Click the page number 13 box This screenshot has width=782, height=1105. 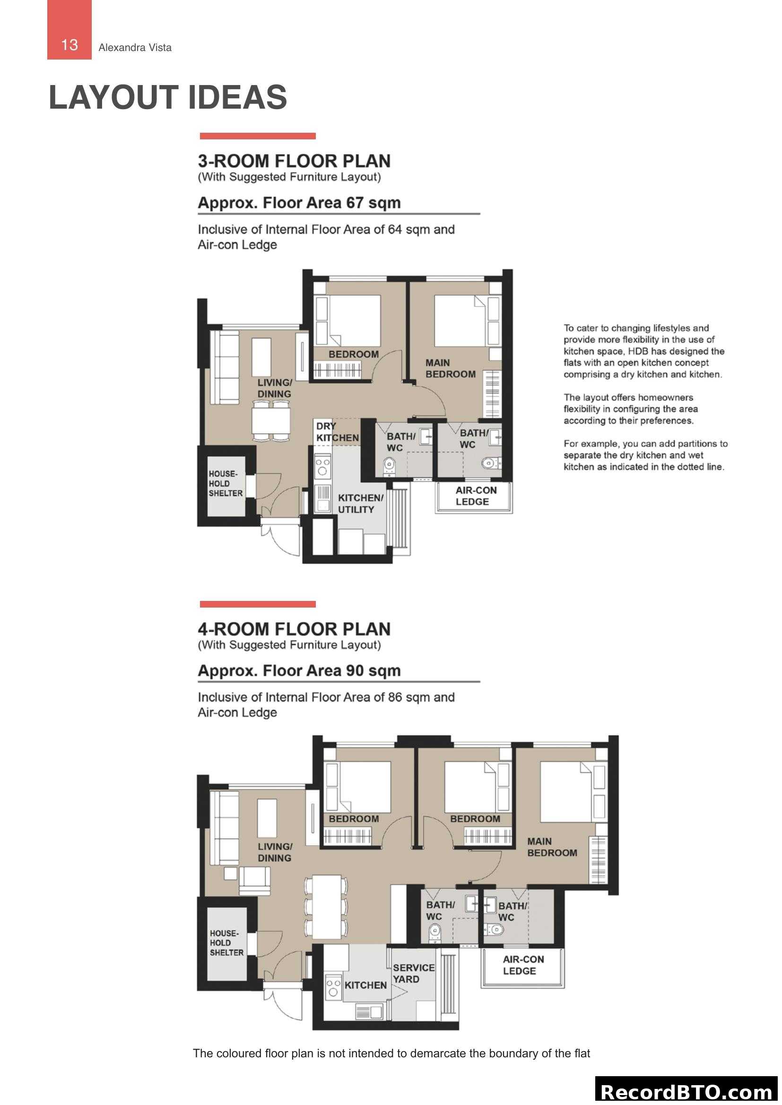[x=70, y=30]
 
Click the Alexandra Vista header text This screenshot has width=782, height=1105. [x=135, y=48]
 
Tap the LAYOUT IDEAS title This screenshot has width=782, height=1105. [x=167, y=97]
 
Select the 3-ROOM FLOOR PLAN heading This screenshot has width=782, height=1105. [x=294, y=161]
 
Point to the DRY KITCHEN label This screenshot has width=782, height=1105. [x=337, y=432]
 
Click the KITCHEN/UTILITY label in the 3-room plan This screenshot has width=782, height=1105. [x=360, y=504]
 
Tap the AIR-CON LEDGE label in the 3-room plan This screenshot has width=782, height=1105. [x=475, y=496]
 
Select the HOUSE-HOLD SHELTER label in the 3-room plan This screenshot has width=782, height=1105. [x=225, y=483]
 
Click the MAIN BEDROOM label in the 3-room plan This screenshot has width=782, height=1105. [x=450, y=368]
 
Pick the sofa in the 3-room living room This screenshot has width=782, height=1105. [x=225, y=366]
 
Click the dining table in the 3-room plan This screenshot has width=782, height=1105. [x=270, y=420]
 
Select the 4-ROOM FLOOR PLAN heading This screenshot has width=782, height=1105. [x=294, y=629]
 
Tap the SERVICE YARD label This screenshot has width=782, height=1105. [x=413, y=973]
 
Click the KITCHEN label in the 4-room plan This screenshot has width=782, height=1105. [x=365, y=985]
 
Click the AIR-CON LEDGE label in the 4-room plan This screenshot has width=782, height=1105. [x=523, y=965]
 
